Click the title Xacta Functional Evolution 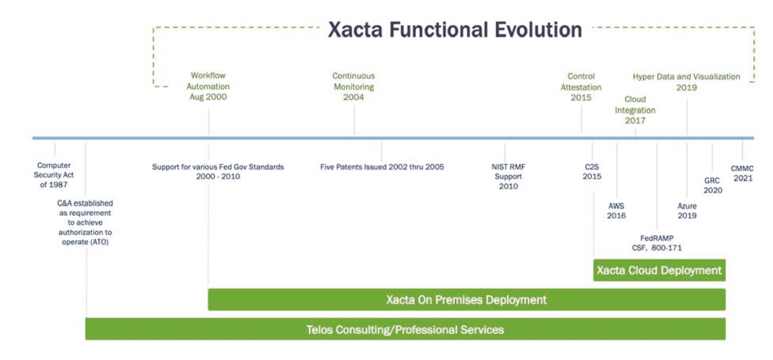click(x=454, y=30)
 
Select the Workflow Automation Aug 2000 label click(x=209, y=87)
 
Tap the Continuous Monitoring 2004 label click(x=354, y=87)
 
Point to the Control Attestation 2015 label click(x=581, y=87)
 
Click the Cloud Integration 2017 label click(x=635, y=110)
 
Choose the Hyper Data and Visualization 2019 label click(x=686, y=82)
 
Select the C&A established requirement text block click(x=85, y=222)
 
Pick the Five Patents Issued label click(x=382, y=167)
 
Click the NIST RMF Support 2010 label click(x=508, y=177)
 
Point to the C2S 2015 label click(x=592, y=172)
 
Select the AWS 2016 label click(x=616, y=211)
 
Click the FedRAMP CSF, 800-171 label click(x=657, y=243)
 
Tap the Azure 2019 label click(x=687, y=211)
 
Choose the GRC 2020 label click(x=712, y=185)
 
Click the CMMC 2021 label click(x=742, y=172)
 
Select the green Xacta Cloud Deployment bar click(x=659, y=270)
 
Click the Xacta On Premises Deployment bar click(x=466, y=300)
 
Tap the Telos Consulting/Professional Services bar click(x=405, y=329)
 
